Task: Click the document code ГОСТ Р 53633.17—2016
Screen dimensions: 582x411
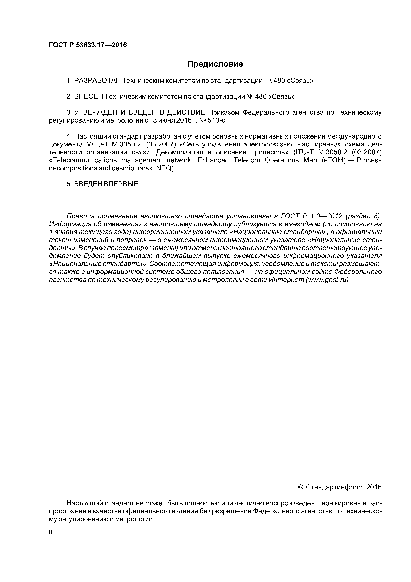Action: click(88, 45)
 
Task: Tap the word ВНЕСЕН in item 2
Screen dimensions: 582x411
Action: click(89, 97)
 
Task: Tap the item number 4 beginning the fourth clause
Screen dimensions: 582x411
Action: click(68, 136)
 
